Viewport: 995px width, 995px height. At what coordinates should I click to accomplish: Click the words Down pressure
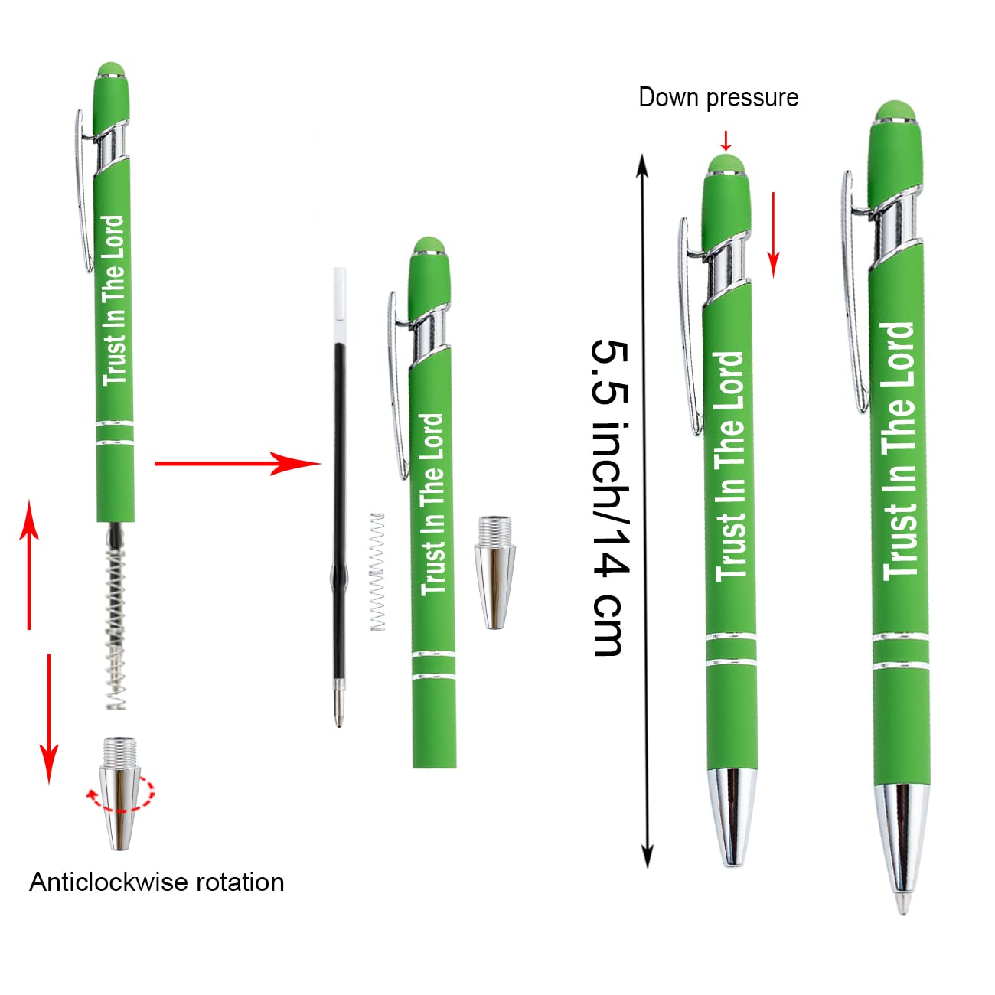[x=718, y=98]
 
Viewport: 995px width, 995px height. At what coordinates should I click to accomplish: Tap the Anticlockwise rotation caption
[x=157, y=882]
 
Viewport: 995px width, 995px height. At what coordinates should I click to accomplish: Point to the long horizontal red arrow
[x=237, y=463]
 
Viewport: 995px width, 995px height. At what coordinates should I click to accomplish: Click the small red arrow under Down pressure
[x=726, y=141]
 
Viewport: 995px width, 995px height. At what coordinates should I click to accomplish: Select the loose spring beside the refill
[x=377, y=572]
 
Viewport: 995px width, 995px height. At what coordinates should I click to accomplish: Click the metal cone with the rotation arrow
[x=121, y=792]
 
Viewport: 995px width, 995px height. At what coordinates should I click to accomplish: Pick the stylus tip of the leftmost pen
[x=113, y=70]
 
